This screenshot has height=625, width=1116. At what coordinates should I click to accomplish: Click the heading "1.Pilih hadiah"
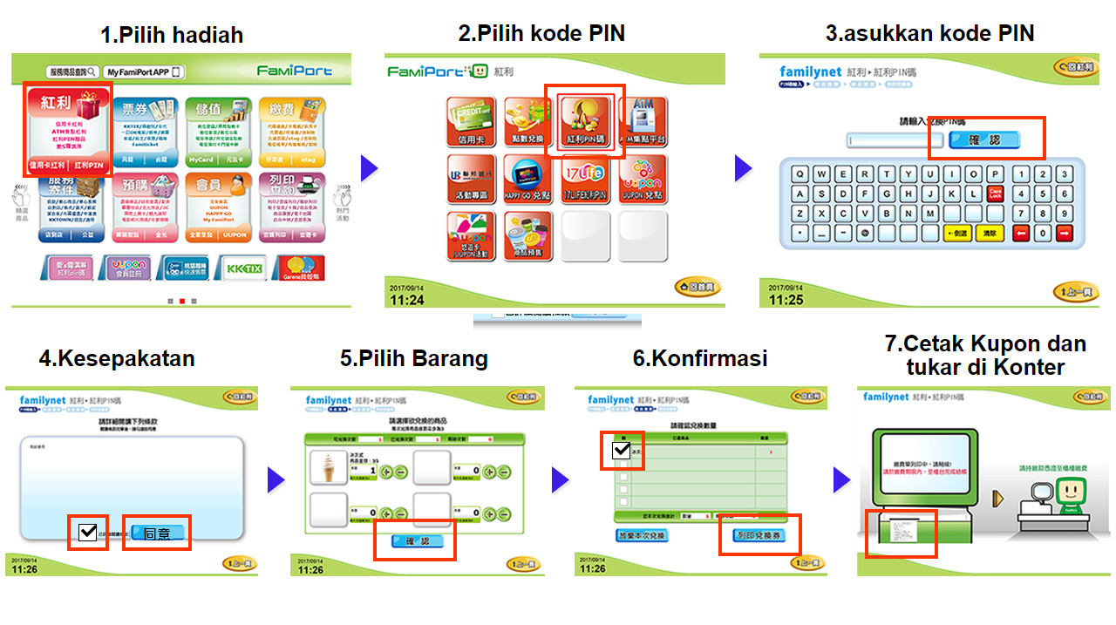point(172,36)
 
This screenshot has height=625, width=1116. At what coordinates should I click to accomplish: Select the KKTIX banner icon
point(240,268)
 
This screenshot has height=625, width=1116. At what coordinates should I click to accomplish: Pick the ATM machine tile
point(642,122)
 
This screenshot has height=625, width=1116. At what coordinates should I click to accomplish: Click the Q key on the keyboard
point(799,173)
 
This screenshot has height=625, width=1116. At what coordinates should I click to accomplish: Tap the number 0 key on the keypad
point(1042,234)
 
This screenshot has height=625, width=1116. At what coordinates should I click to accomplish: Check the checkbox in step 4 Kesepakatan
point(88,532)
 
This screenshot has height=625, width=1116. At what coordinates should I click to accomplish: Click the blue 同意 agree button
point(157,533)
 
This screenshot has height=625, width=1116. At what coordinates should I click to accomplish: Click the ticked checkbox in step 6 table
point(622,451)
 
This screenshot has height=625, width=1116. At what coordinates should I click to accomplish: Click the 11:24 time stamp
point(407,300)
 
